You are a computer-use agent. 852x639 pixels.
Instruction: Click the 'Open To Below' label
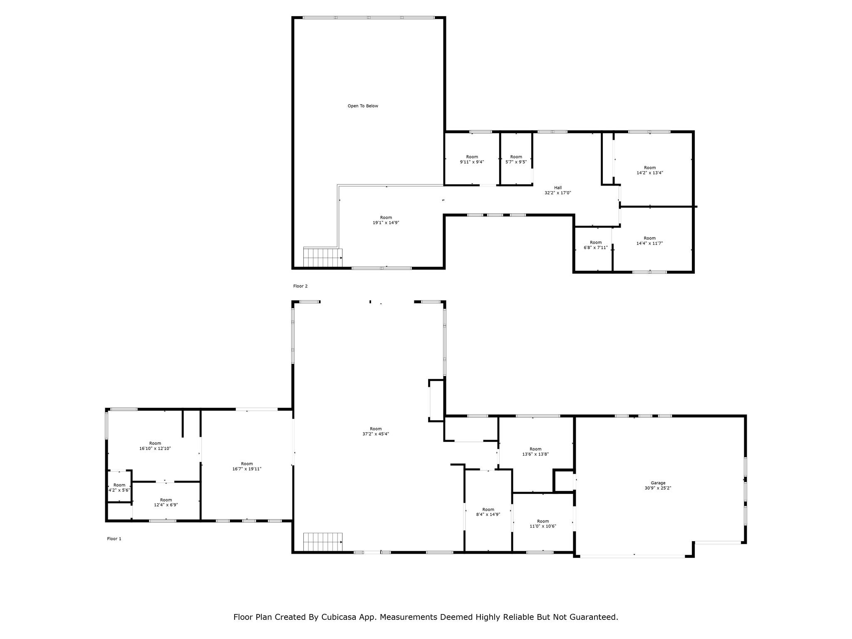click(x=363, y=106)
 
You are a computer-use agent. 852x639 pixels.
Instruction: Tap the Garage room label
click(x=658, y=483)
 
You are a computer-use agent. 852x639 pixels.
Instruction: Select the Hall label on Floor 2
click(x=558, y=188)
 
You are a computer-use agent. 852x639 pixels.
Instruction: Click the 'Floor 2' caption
click(x=300, y=286)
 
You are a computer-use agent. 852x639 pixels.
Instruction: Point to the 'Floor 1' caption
click(x=114, y=539)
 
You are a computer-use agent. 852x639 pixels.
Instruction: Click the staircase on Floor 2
click(x=322, y=257)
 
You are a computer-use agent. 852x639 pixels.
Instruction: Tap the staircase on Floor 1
click(x=322, y=542)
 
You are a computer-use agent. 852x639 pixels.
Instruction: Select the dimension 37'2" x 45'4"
click(x=376, y=434)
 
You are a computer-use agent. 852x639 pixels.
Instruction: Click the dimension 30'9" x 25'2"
click(x=658, y=488)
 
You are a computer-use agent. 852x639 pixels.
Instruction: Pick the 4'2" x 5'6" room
click(x=119, y=488)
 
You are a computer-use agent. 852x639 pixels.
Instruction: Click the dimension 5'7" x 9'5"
click(x=516, y=162)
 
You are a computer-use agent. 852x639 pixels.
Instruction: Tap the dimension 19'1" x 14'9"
click(x=386, y=223)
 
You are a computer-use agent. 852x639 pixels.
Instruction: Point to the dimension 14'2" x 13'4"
click(x=650, y=173)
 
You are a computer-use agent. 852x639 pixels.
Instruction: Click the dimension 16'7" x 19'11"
click(x=247, y=469)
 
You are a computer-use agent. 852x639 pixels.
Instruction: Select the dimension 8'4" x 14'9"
click(x=488, y=514)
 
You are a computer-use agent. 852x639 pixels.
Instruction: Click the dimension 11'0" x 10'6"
click(x=543, y=526)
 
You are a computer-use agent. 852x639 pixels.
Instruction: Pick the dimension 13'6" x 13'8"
click(x=536, y=454)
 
